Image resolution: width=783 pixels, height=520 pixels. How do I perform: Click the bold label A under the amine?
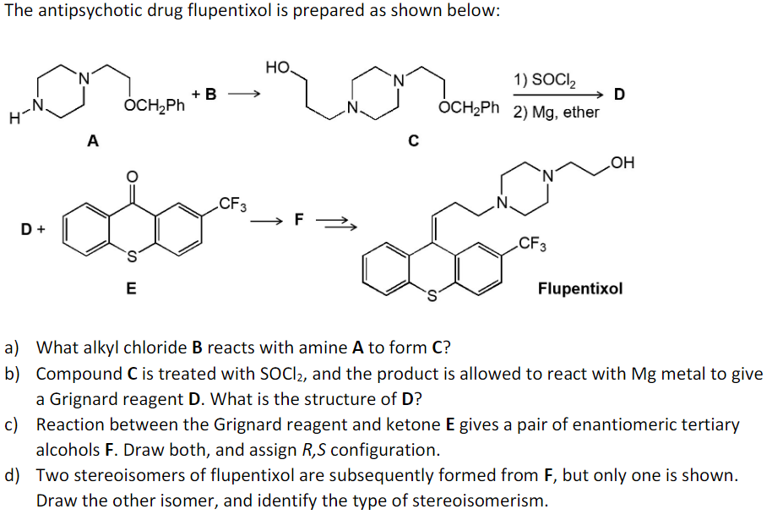(x=92, y=141)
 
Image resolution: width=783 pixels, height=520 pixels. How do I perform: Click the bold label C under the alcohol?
(x=413, y=141)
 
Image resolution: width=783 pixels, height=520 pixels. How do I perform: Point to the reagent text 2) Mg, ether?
(x=555, y=112)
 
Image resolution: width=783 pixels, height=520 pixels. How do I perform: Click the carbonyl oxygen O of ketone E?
(x=131, y=177)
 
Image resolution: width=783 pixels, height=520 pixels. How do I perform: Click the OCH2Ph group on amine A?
(x=154, y=107)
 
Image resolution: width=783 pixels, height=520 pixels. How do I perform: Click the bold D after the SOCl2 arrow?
(x=619, y=94)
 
